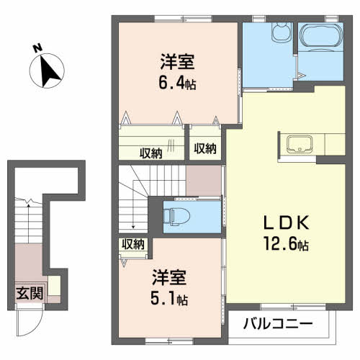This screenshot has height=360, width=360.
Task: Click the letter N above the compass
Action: [37, 48]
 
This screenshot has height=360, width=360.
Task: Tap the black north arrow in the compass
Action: [49, 71]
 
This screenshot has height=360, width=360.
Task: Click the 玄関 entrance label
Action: [30, 293]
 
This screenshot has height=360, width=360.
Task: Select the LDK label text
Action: [286, 222]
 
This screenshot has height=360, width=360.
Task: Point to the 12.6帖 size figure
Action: [286, 243]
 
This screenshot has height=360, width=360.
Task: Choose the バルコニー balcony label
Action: [278, 323]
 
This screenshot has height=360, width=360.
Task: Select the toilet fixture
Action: [176, 217]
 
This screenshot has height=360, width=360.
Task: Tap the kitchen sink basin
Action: [300, 144]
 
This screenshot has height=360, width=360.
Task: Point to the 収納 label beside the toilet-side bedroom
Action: [133, 244]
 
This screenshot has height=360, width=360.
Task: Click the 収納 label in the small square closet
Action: [205, 148]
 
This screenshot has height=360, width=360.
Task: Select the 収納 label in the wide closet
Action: [151, 153]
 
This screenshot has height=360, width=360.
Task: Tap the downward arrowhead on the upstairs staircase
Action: [133, 226]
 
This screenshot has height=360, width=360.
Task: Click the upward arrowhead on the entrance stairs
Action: [28, 204]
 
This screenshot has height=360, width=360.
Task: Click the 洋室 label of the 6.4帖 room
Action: [177, 62]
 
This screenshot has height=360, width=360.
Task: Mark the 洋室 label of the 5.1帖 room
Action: [169, 277]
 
